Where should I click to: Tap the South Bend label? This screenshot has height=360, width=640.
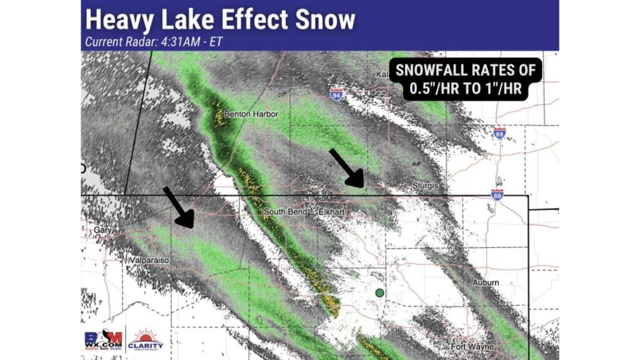click(285, 212)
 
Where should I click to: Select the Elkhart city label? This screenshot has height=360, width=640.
click(332, 212)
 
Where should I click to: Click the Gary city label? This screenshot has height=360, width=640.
click(101, 230)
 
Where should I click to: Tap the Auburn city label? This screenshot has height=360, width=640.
click(486, 282)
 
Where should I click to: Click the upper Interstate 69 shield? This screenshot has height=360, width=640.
click(499, 133)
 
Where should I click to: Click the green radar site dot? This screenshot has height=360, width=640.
click(379, 292)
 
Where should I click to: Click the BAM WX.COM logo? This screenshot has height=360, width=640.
click(102, 338)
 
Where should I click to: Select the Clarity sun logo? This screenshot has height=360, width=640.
click(145, 338)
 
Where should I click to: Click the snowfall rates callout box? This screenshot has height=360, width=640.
click(464, 79)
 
